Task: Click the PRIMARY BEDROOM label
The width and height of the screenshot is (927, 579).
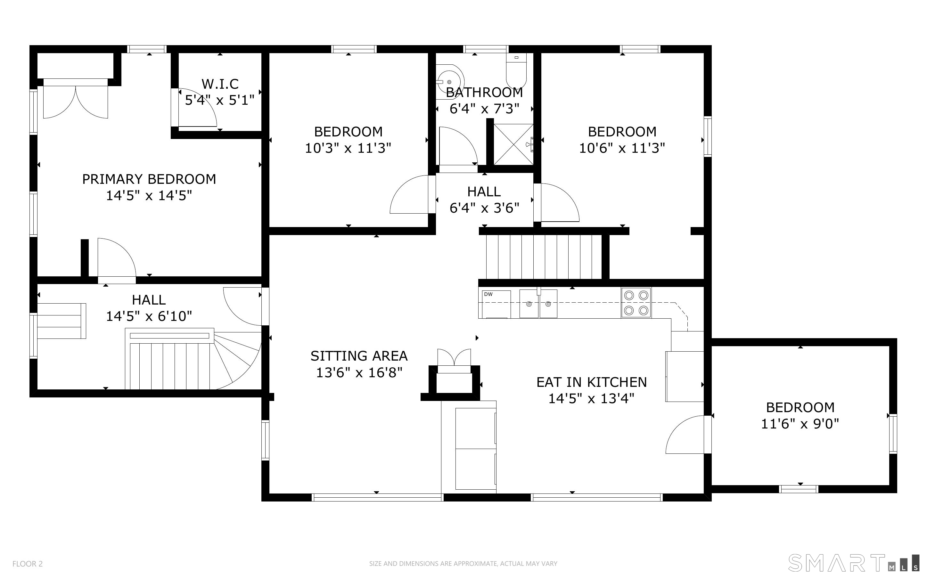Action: point(149,179)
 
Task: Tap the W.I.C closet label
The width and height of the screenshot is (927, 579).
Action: point(220,84)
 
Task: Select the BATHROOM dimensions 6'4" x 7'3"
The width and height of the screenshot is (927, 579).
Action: point(484,109)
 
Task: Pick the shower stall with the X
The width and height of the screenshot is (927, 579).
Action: point(513,144)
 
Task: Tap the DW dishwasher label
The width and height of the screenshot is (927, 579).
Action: point(488,294)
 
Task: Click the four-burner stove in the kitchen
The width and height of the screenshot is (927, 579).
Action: point(636,303)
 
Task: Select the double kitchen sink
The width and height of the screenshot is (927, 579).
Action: point(538,303)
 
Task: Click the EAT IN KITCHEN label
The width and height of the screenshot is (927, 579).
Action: point(592,382)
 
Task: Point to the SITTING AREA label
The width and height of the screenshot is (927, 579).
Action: point(359,356)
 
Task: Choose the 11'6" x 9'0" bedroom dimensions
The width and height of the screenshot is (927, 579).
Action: point(800,424)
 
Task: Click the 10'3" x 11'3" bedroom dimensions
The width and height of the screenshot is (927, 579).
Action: point(348,148)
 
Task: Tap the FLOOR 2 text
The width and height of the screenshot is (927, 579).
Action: point(28,564)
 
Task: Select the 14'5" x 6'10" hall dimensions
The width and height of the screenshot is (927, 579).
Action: point(149,316)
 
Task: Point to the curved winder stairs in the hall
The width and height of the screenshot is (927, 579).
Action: point(237,360)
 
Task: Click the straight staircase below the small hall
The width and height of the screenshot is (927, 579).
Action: point(544,257)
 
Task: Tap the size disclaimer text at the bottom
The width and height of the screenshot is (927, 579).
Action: point(463,564)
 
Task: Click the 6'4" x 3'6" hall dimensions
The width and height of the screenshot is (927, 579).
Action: point(484,208)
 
